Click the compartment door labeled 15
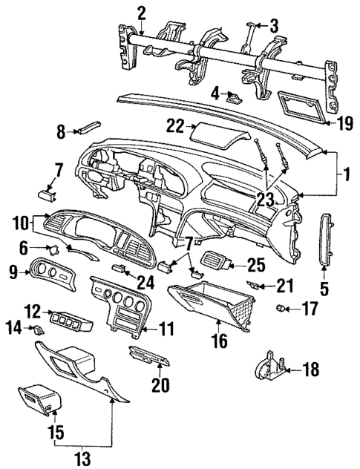click(x=39, y=401)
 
